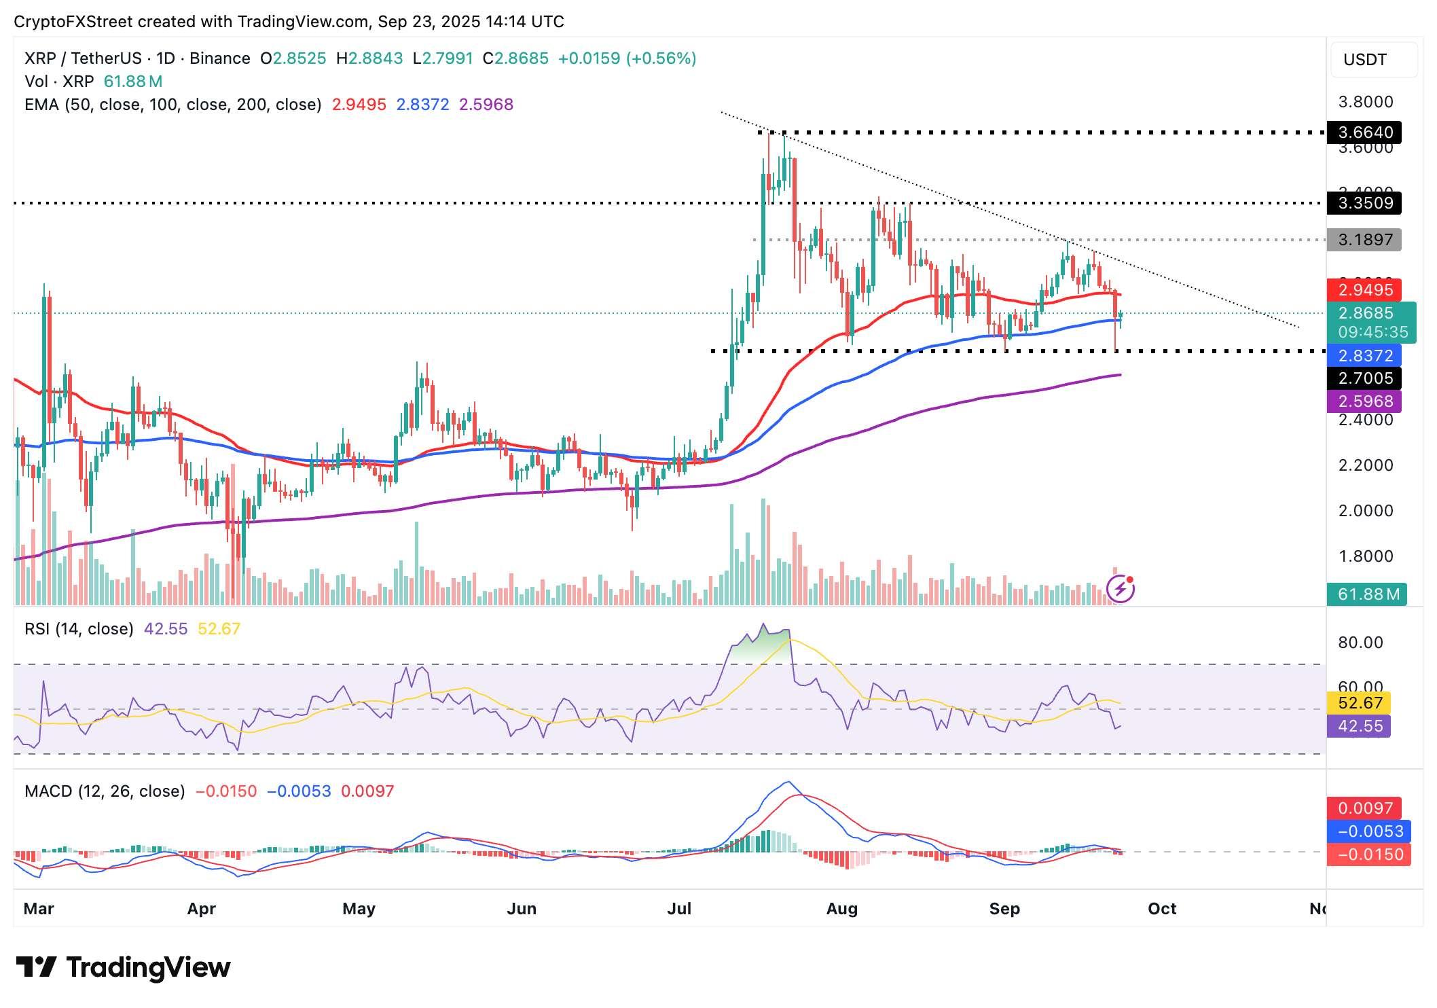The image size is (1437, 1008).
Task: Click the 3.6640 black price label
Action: tap(1364, 132)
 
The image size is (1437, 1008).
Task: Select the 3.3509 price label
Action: tap(1364, 203)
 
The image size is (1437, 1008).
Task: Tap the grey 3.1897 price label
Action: tap(1364, 240)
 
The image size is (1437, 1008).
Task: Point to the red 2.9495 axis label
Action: tap(1364, 290)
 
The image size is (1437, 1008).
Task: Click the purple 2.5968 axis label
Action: tap(1364, 401)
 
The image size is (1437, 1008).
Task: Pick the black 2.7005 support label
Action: tap(1364, 378)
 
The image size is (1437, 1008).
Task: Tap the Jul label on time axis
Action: tap(679, 909)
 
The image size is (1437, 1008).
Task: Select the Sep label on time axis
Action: tap(1004, 909)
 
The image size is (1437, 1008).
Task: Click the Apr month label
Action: tap(201, 909)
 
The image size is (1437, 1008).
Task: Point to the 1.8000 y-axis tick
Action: tap(1365, 556)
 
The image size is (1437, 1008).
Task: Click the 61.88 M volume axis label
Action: tap(1368, 595)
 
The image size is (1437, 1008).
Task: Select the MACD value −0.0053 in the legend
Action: tap(299, 791)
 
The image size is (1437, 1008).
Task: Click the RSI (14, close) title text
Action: tap(79, 629)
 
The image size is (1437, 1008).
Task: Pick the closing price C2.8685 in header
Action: tap(515, 58)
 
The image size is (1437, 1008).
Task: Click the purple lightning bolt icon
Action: tap(1121, 589)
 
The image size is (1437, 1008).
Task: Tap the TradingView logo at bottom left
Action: tap(123, 967)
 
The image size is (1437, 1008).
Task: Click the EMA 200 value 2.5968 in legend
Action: tap(486, 105)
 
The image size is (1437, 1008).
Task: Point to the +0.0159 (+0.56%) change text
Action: tap(627, 58)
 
